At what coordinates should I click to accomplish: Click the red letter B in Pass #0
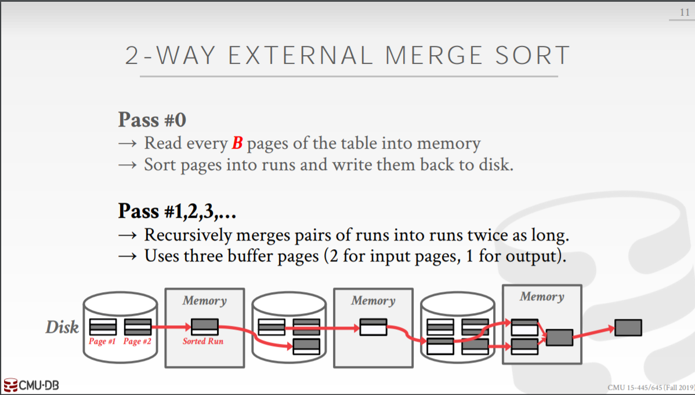click(237, 143)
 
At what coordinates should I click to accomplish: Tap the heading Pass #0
click(152, 120)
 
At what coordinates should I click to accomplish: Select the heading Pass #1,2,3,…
click(177, 211)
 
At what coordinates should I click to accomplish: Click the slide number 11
click(685, 12)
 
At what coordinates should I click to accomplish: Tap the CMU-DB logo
click(31, 385)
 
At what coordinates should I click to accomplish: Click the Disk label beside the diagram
click(62, 327)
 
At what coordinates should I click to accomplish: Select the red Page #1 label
click(102, 342)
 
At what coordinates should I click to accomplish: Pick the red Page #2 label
click(137, 342)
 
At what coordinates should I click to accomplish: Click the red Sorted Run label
click(203, 342)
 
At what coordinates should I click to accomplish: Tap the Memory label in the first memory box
click(204, 300)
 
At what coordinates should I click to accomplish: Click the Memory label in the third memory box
click(542, 296)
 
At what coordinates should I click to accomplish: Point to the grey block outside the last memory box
click(628, 328)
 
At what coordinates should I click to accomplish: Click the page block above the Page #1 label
click(103, 327)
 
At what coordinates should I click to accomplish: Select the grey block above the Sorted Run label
click(205, 326)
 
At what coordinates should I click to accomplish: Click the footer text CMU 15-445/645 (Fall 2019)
click(650, 387)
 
